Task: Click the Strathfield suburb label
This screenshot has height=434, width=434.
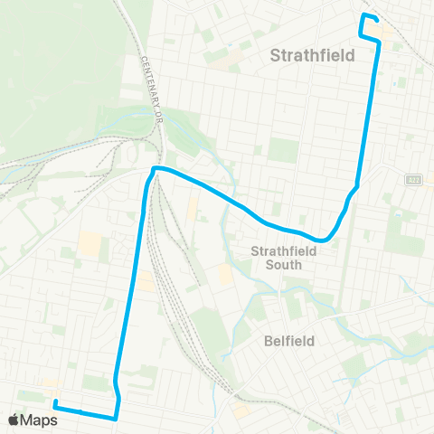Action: tap(312, 57)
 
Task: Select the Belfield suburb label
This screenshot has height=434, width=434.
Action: tap(288, 342)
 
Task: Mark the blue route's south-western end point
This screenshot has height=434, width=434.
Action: tap(55, 402)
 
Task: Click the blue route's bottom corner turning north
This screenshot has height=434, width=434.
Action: tap(117, 418)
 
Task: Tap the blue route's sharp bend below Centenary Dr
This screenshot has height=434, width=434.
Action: tap(155, 169)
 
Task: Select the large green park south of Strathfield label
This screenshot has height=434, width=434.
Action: tap(283, 149)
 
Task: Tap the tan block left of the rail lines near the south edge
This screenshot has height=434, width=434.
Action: tap(241, 411)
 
